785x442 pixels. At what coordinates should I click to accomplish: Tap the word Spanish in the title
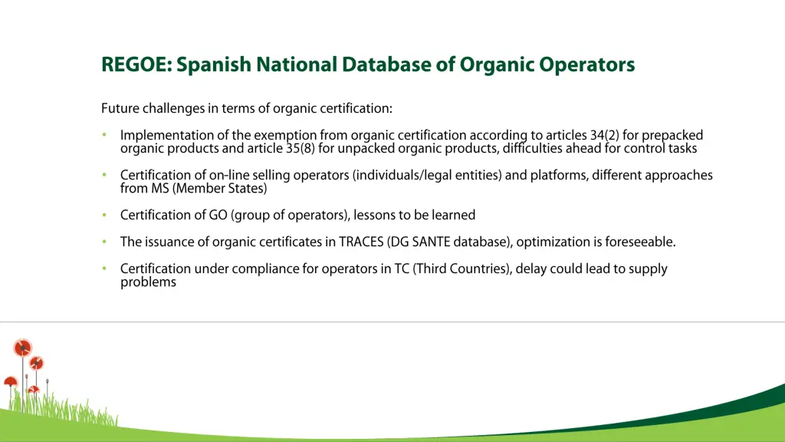pos(215,65)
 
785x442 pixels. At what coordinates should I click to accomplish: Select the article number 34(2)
pos(604,136)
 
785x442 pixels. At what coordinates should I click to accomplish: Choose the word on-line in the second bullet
pos(229,176)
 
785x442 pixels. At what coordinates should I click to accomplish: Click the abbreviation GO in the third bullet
pos(218,215)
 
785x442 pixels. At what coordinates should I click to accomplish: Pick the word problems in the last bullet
pos(148,282)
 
